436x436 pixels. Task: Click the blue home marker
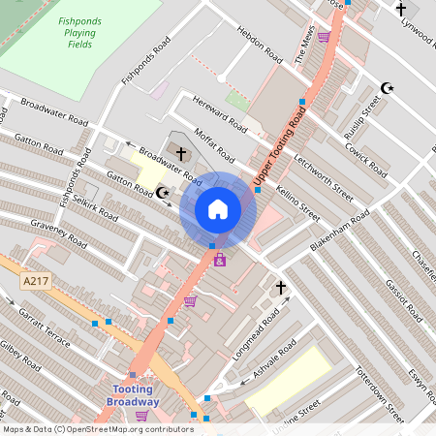tap(218, 208)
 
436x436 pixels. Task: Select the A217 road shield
tap(34, 281)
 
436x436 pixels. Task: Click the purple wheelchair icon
tap(220, 260)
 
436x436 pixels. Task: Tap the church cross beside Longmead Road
tap(281, 288)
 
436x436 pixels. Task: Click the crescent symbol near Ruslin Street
tap(388, 88)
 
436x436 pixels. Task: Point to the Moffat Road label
tap(213, 145)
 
